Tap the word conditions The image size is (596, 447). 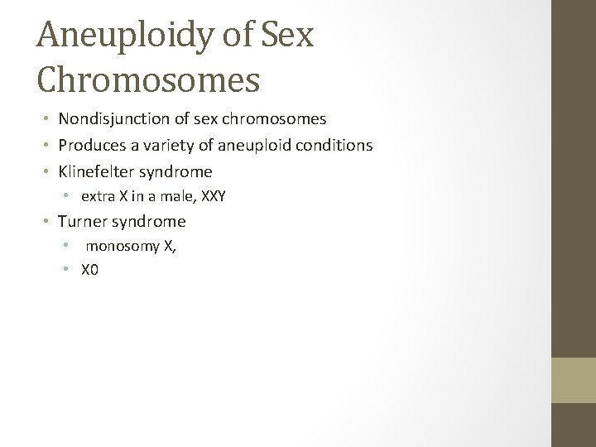point(337,146)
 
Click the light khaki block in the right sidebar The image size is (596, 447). point(574,379)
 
